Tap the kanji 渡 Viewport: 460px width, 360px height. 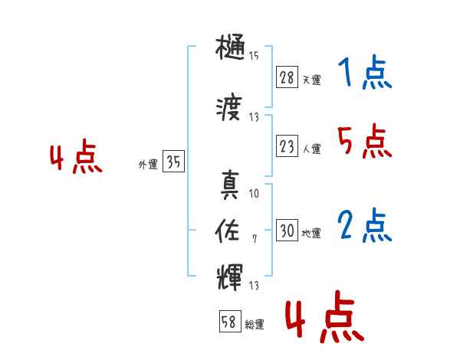tap(230, 111)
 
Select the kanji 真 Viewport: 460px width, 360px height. tap(230, 185)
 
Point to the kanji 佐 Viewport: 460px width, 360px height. tap(230, 229)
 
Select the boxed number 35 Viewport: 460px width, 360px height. tap(173, 162)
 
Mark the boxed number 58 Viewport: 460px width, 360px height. tap(229, 322)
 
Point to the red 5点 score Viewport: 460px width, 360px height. tap(364, 142)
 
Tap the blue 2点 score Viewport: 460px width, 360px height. tap(364, 227)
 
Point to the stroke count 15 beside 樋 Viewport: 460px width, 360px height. tap(254, 55)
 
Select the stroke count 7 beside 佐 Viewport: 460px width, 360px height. tap(255, 239)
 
